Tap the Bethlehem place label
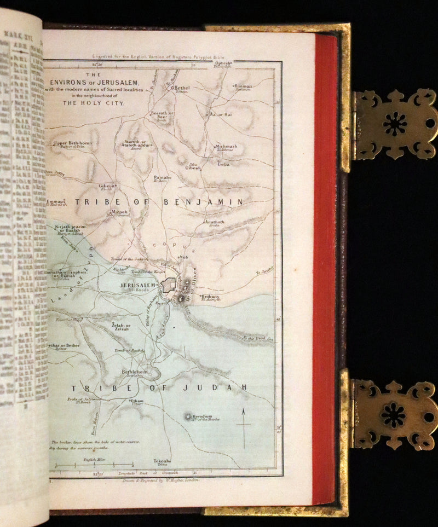(134, 372)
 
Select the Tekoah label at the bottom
(162, 461)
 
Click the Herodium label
(206, 416)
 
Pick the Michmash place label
(226, 147)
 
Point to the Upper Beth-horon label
(73, 143)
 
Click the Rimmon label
(243, 86)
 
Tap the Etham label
(136, 401)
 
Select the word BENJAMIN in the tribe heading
(203, 202)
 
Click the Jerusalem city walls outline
(169, 286)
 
